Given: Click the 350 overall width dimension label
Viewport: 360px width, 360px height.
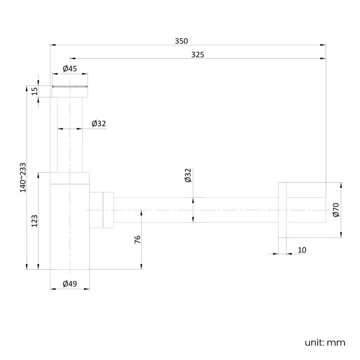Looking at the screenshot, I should click(182, 40).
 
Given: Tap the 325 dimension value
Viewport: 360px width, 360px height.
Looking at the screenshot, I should click(197, 54).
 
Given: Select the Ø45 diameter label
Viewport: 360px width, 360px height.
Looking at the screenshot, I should click(70, 69).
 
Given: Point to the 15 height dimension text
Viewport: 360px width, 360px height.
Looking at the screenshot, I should click(34, 91).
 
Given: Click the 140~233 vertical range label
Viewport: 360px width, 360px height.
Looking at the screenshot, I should click(23, 177).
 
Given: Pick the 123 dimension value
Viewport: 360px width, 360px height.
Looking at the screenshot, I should click(34, 221).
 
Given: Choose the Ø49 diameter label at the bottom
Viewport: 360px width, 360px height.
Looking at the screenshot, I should click(70, 284).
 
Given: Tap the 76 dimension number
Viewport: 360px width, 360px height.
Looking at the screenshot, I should click(137, 239).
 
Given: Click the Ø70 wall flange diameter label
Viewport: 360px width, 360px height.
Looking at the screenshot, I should click(335, 209).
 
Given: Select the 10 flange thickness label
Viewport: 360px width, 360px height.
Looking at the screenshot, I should click(302, 250).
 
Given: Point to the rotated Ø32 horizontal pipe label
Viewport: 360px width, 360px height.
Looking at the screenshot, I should click(188, 176).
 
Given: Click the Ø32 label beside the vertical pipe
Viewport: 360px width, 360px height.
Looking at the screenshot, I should click(99, 124).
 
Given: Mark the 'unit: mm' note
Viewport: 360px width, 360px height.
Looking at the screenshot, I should click(325, 342).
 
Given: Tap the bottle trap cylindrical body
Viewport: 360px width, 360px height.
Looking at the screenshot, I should click(70, 227).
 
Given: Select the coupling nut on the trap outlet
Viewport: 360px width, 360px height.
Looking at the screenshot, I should click(102, 209).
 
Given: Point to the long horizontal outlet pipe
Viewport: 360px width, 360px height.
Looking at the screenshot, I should click(194, 209).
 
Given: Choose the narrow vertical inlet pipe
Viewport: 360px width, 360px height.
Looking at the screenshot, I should click(70, 133).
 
